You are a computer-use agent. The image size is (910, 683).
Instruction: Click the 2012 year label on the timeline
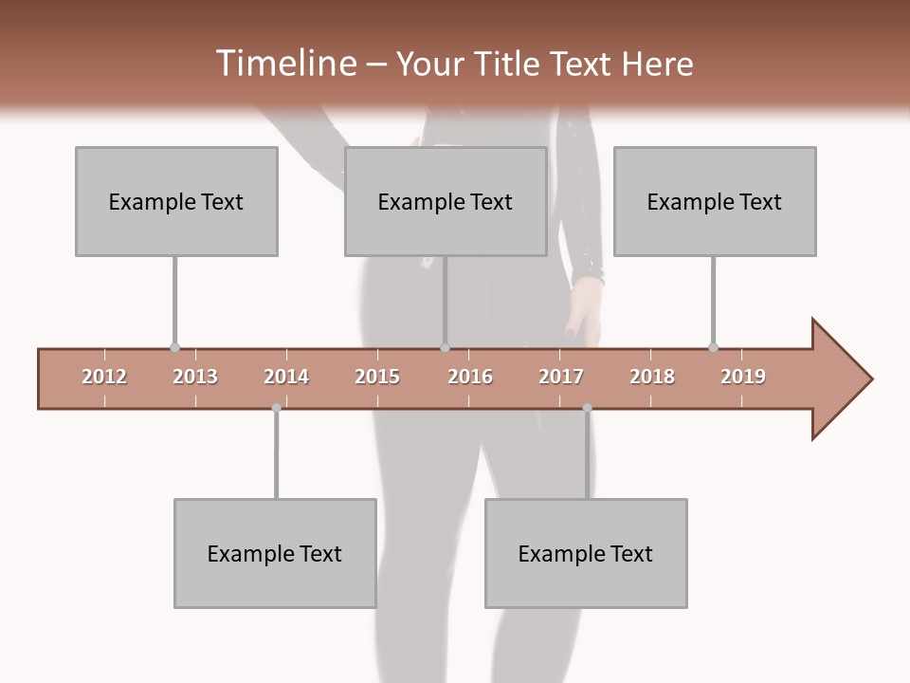point(104,377)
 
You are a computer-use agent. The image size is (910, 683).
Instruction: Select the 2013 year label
point(195,377)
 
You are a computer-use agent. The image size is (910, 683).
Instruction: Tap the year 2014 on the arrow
point(286,377)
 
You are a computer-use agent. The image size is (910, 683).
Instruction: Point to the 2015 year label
point(377,377)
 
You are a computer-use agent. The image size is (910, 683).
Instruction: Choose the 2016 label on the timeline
point(470,377)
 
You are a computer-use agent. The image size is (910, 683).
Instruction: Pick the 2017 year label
point(561,377)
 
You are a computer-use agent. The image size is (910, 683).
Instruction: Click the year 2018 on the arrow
point(652,377)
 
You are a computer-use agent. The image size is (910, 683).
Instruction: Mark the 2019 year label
point(743,377)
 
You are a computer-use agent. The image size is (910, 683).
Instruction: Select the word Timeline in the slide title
point(284,64)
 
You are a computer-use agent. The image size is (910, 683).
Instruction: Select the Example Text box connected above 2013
point(176,201)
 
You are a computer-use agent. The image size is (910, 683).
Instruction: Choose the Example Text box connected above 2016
point(446,201)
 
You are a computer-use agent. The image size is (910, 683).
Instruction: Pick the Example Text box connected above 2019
point(715,201)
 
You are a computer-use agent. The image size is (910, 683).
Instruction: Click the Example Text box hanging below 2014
point(275,553)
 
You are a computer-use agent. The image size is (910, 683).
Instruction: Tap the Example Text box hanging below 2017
point(586,553)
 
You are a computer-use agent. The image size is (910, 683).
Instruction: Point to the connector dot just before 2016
point(446,348)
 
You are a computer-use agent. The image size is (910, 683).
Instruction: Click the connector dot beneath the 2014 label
point(276,408)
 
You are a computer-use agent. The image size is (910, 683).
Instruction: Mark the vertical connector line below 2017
point(587,455)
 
